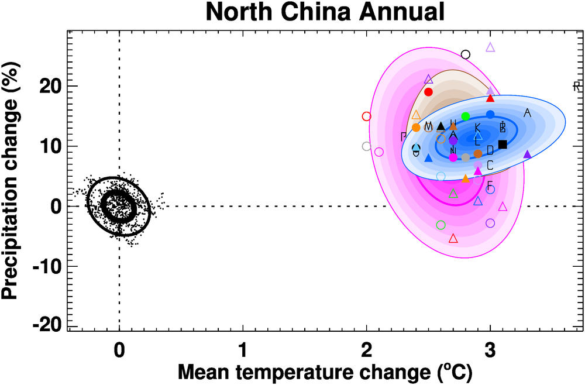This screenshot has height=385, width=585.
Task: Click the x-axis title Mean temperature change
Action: pyautogui.click(x=325, y=371)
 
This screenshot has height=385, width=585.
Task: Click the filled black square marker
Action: pyautogui.click(x=503, y=144)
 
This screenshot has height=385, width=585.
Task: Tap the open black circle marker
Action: pyautogui.click(x=466, y=54)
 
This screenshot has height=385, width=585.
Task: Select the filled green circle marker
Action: pyautogui.click(x=466, y=116)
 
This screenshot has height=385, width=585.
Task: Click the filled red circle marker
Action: pyautogui.click(x=428, y=92)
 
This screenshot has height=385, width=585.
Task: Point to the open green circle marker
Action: pyautogui.click(x=441, y=225)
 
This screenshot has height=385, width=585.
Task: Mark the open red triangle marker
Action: pyautogui.click(x=453, y=238)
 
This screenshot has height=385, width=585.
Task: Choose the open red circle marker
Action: pyautogui.click(x=367, y=116)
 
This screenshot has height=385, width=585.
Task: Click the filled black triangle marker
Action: pyautogui.click(x=441, y=126)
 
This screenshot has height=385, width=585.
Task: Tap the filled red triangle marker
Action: pyautogui.click(x=490, y=98)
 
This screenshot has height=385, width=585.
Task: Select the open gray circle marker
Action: pyautogui.click(x=367, y=146)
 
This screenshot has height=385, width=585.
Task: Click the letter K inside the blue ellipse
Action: pyautogui.click(x=477, y=128)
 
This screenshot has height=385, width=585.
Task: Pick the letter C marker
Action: pyautogui.click(x=490, y=165)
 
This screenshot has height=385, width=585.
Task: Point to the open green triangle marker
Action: pyautogui.click(x=453, y=192)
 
